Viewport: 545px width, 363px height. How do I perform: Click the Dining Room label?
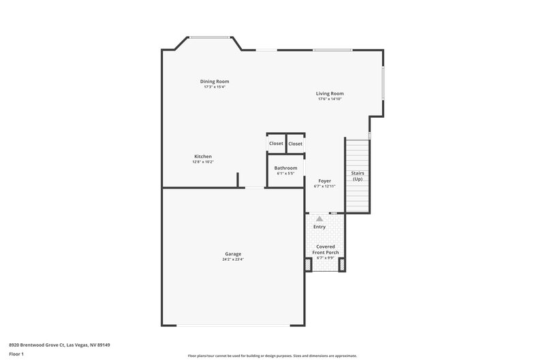(x=214, y=82)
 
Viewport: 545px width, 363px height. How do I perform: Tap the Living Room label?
(x=330, y=93)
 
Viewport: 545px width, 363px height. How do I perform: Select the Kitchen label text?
(x=203, y=156)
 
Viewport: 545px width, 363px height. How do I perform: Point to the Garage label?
(x=232, y=254)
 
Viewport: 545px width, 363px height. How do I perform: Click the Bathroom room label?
(x=285, y=168)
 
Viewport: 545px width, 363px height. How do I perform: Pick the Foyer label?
(x=325, y=181)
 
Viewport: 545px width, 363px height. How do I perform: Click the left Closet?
(x=276, y=144)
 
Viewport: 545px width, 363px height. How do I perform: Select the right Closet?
(x=296, y=144)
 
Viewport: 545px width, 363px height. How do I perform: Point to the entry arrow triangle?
(x=320, y=219)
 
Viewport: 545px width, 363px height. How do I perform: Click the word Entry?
(x=320, y=227)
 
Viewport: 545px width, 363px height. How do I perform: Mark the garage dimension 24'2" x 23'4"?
(x=232, y=259)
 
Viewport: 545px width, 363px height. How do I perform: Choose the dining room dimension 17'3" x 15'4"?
(x=214, y=87)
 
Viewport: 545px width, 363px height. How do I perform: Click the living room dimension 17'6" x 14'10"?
(x=330, y=99)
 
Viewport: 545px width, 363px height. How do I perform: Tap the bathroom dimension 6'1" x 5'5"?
(x=285, y=174)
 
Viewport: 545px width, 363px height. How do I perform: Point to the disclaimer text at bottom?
(x=272, y=356)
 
